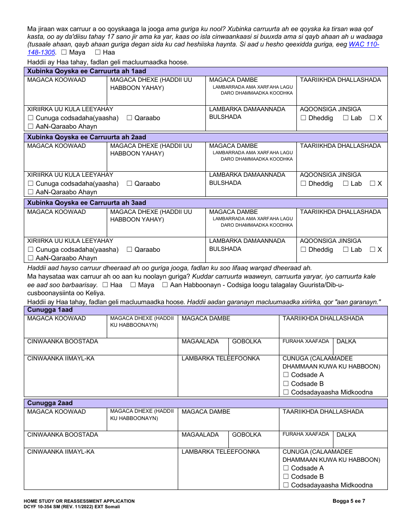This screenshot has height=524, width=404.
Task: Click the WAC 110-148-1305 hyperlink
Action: point(364,45)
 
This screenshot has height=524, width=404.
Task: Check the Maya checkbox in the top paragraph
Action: point(64,52)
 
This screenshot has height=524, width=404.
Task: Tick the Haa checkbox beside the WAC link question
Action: point(97,52)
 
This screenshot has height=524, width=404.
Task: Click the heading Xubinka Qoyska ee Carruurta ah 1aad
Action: point(87,72)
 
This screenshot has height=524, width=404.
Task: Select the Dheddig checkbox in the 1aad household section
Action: point(303,118)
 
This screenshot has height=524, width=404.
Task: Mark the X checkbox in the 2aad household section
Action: point(373,184)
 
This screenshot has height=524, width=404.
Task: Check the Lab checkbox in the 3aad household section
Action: point(346,250)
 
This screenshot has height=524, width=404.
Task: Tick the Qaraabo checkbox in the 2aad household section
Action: point(129,184)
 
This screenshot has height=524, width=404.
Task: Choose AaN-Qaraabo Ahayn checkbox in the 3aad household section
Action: point(30,258)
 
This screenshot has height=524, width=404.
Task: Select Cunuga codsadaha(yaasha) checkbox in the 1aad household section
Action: point(30,118)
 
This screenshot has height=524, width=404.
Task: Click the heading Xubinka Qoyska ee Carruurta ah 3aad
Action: point(87,203)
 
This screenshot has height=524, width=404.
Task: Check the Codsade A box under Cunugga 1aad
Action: point(286,375)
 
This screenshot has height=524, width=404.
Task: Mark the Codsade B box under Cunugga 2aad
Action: point(286,477)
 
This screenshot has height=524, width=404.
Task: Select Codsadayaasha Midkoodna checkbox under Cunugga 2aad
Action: point(286,485)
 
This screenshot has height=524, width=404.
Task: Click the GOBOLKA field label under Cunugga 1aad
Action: point(247,342)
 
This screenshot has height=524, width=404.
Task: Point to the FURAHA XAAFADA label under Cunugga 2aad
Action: point(306,435)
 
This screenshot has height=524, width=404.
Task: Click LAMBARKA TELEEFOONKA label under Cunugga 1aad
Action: point(220,359)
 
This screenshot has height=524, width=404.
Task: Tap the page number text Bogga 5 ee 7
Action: point(348,501)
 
